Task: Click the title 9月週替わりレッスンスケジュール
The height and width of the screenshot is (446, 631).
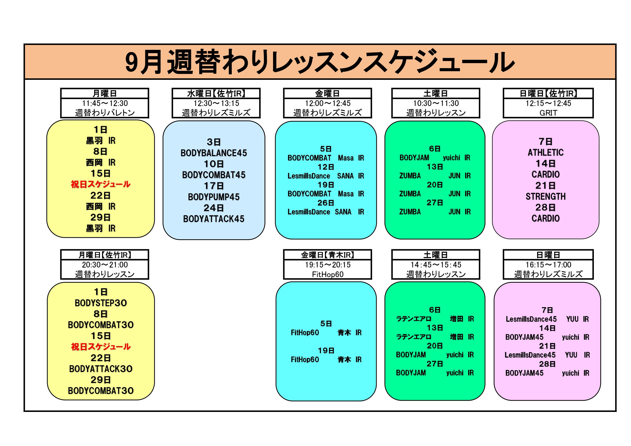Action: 320,62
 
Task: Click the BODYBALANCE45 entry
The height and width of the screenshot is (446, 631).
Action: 214,153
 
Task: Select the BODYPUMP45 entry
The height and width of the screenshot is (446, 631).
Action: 214,197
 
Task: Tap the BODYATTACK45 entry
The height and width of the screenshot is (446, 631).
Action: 214,219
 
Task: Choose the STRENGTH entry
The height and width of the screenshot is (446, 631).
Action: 546,196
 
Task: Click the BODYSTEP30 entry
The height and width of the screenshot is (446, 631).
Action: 101,303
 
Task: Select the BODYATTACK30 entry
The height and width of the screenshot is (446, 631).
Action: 101,369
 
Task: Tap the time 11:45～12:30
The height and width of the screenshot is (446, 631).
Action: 105,103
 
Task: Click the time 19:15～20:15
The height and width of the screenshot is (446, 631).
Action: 328,265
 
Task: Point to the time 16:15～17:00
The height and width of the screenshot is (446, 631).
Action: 548,265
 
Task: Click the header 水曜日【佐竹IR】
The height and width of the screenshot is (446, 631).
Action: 216,94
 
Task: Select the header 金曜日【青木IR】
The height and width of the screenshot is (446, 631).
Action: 328,255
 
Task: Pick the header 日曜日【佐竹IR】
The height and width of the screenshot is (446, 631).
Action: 548,94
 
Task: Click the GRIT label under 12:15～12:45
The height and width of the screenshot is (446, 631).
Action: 548,113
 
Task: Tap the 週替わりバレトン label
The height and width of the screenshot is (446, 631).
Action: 105,113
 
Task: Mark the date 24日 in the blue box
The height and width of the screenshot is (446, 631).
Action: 214,208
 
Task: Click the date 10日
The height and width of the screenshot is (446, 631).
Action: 214,164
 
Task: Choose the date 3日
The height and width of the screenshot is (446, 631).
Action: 214,142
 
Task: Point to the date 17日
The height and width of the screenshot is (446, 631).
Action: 214,186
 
